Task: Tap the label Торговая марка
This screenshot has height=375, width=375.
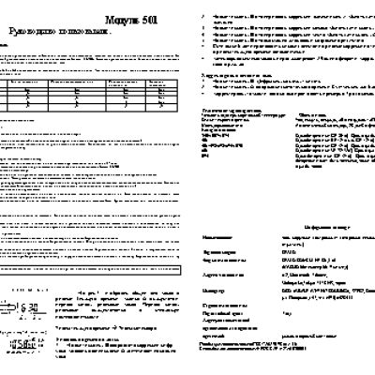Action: pos(218,252)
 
